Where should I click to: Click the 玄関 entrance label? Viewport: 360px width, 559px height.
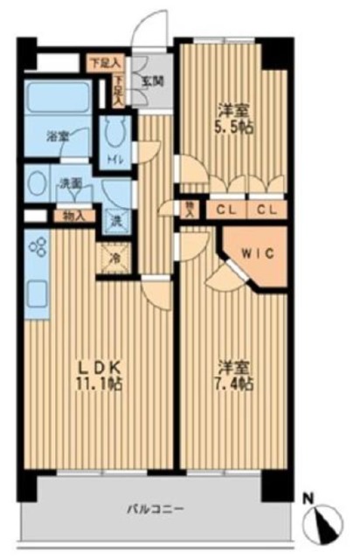pyautogui.click(x=147, y=84)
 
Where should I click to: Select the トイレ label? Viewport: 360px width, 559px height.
pyautogui.click(x=114, y=160)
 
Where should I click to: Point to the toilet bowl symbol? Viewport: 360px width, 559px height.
pyautogui.click(x=114, y=134)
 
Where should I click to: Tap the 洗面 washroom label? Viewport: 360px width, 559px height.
pyautogui.click(x=69, y=183)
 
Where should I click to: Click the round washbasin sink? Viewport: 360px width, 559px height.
pyautogui.click(x=38, y=184)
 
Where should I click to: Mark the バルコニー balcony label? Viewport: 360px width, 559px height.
pyautogui.click(x=153, y=507)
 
